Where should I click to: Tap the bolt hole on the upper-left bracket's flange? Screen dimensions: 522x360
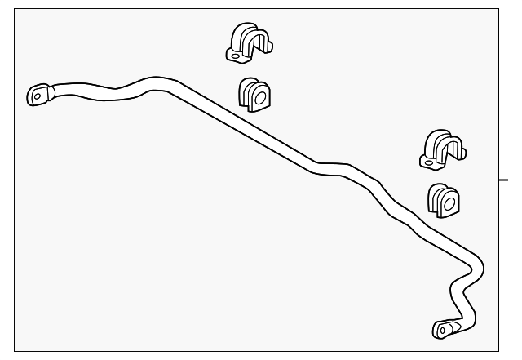(235, 55)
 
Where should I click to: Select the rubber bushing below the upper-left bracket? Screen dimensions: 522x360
(254, 96)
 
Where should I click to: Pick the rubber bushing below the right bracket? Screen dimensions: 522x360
(443, 200)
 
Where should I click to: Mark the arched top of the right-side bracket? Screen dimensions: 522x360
(440, 135)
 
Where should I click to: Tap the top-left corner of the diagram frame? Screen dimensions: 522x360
(15, 10)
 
